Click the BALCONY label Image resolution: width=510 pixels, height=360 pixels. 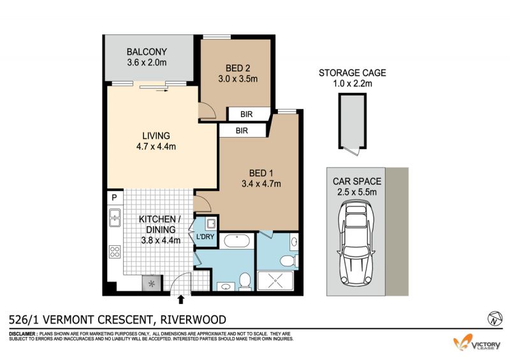(147, 52)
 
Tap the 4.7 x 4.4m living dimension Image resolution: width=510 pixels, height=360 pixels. (156, 147)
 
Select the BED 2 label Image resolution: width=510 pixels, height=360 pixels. (238, 68)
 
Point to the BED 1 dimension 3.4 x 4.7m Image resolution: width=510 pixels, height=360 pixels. (261, 184)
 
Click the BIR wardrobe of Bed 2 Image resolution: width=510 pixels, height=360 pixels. (246, 115)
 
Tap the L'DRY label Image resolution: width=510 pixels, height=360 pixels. (205, 236)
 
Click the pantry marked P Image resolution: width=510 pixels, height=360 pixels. (115, 198)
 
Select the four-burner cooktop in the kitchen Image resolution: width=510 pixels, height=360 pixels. (115, 252)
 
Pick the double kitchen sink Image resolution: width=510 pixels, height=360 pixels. (115, 217)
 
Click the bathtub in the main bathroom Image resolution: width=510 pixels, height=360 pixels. (237, 241)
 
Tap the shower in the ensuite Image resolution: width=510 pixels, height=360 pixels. (275, 281)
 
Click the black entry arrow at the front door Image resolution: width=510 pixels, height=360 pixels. (181, 299)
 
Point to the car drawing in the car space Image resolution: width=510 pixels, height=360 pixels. (356, 243)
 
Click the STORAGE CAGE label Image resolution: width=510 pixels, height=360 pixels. (353, 73)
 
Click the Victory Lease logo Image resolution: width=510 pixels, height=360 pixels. (477, 343)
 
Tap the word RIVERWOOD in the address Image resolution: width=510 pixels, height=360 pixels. (193, 320)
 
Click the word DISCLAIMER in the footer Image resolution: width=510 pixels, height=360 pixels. (23, 334)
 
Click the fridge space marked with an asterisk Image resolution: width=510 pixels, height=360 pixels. (151, 284)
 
